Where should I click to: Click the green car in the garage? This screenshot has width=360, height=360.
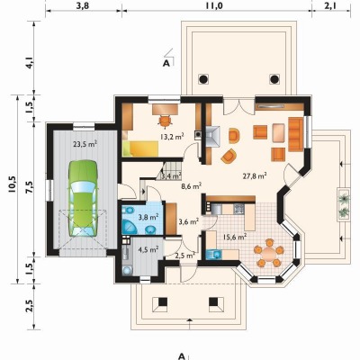(x=83, y=199)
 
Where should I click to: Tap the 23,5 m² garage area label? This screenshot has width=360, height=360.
(x=85, y=144)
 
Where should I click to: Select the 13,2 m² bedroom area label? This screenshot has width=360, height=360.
(x=172, y=137)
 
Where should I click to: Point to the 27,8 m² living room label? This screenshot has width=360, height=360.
(x=255, y=175)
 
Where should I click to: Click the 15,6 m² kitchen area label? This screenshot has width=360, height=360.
(x=235, y=237)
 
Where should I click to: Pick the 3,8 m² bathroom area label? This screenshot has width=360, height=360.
(x=148, y=217)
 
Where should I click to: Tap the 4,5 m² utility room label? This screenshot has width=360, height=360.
(x=148, y=249)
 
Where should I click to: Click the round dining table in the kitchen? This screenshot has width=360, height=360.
(x=269, y=253)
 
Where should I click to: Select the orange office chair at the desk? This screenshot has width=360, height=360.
(x=165, y=121)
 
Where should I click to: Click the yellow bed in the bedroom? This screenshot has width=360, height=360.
(x=140, y=148)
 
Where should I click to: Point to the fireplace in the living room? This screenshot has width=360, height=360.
(x=213, y=136)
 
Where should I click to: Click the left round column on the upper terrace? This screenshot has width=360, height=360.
(x=203, y=79)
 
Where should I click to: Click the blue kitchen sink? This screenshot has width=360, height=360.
(x=214, y=255)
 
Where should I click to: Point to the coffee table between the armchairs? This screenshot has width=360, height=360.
(x=279, y=132)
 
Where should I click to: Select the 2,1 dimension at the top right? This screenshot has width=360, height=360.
(x=330, y=5)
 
